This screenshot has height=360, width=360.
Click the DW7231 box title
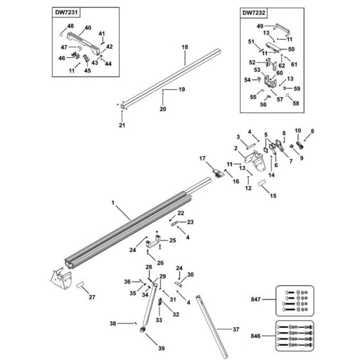(x=66, y=12)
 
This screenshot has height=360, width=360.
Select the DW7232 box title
(x=254, y=13)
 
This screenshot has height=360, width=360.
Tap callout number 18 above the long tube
(x=185, y=47)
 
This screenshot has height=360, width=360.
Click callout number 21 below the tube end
(x=122, y=125)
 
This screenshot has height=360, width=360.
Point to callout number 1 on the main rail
(x=113, y=203)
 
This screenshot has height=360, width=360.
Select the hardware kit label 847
(x=256, y=300)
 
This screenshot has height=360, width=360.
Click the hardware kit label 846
(x=256, y=336)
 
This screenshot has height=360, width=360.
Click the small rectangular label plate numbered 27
(x=80, y=285)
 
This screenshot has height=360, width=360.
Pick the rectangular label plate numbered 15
(x=262, y=183)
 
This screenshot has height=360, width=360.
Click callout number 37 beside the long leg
(x=236, y=329)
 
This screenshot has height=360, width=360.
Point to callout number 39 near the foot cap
(x=161, y=348)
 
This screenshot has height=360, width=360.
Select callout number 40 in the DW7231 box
(x=87, y=28)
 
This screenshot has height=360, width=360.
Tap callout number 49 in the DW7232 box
(x=260, y=26)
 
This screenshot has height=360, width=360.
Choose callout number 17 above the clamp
(x=203, y=158)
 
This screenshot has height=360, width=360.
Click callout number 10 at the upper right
(x=298, y=130)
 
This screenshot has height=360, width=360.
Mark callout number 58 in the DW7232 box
(x=296, y=104)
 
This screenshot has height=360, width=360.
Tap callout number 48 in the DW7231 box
(x=71, y=26)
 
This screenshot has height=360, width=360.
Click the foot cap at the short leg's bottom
(x=143, y=329)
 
